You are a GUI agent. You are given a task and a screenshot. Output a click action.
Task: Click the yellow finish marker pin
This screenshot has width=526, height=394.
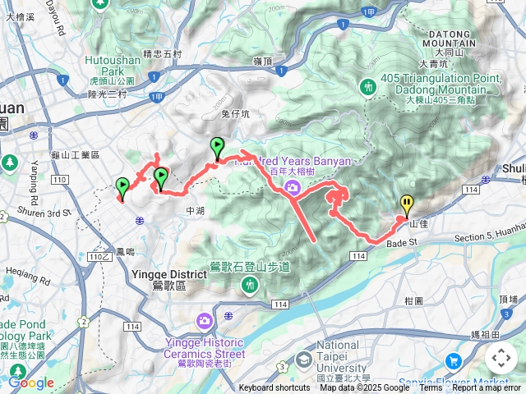coord(406,204)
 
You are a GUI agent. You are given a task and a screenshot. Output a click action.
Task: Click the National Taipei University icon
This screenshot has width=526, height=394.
coord(304,360)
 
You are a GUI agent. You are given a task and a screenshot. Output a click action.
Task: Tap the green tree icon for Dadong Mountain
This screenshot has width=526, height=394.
coord(367,85)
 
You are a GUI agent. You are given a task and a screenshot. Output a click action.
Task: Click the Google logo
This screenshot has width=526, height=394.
coord(31,383)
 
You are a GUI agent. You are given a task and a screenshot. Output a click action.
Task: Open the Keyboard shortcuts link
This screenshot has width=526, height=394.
coord(275,388)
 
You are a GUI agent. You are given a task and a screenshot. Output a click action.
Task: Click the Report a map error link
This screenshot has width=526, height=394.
coord(488,388)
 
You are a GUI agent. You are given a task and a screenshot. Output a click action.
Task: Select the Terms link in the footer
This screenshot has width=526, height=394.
coord(431,388)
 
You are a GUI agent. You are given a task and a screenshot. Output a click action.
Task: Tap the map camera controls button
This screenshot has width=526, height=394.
coord(501,358)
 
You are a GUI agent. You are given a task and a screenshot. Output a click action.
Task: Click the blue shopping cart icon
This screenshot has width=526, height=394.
coord(453,360)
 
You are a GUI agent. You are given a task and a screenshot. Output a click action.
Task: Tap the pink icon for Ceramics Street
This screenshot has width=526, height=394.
coord(203,320)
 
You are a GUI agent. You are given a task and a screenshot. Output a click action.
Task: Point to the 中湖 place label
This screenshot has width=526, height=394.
coord(195,211)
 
